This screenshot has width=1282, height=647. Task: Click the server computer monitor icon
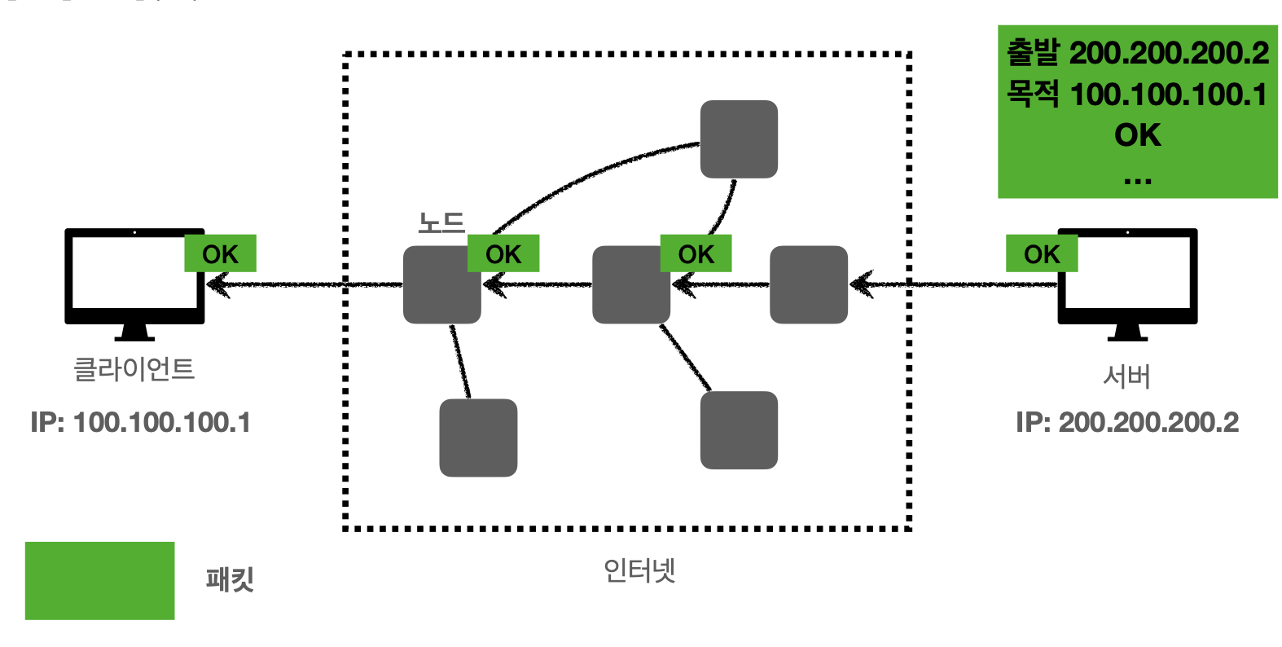tap(1127, 281)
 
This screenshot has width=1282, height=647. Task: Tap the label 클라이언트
tap(134, 369)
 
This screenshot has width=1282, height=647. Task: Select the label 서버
tap(1126, 376)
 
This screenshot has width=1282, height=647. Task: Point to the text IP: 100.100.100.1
tap(140, 422)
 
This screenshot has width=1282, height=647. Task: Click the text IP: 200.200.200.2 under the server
tap(1126, 422)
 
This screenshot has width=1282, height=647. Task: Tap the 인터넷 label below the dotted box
tap(639, 570)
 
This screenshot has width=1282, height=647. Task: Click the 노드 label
tap(441, 222)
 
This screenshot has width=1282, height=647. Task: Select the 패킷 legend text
tap(230, 580)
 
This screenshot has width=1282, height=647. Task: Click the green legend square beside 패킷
tap(99, 580)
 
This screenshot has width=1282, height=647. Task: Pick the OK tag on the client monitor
tap(220, 254)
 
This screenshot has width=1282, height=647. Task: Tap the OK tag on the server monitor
tap(1042, 254)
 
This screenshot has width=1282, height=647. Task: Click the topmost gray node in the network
tap(739, 139)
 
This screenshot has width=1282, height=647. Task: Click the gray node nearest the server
tap(809, 285)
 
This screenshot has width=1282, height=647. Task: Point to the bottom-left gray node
tap(478, 438)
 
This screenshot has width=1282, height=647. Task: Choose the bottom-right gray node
tap(739, 430)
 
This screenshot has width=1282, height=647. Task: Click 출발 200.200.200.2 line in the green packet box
tap(1137, 53)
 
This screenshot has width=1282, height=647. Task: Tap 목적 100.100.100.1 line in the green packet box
tap(1137, 95)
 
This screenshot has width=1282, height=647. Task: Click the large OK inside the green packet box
tap(1137, 135)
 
